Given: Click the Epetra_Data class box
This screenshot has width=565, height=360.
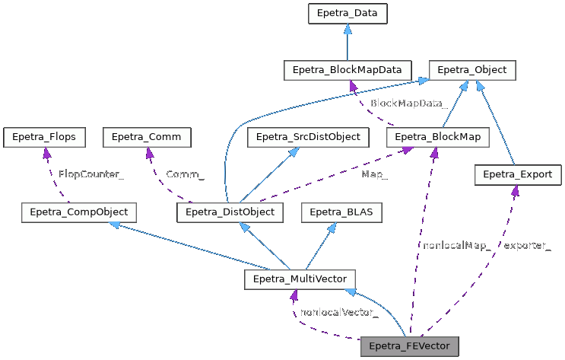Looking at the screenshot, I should coord(347,14).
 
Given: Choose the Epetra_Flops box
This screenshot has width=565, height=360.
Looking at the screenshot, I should coord(44,137).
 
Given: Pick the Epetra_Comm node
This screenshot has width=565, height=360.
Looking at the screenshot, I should coord(147,137).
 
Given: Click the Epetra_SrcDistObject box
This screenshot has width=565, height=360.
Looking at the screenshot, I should coord(308,137).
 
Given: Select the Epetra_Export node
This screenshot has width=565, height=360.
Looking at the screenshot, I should coord(518,175).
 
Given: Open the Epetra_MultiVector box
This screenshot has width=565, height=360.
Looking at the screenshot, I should coord(300,279).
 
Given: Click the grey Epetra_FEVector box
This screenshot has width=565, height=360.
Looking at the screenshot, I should coord(410,346).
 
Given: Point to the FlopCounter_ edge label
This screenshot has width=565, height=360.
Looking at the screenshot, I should coord(90,174).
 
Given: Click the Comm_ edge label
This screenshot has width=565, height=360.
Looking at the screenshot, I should coord(184,174).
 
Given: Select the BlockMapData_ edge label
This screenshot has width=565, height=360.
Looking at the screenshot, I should coord(408,103).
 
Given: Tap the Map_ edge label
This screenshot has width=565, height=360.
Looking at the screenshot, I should coord(375,174).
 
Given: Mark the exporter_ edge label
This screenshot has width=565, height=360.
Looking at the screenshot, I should coord(526,244).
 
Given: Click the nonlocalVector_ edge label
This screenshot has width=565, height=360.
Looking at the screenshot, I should coord(339,312).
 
